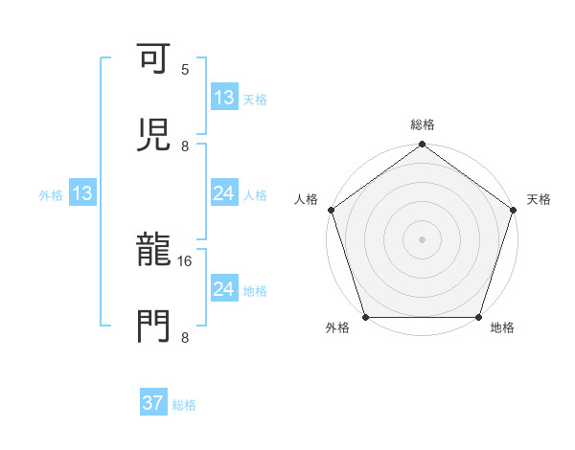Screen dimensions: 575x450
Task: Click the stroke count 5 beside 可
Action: tap(185, 70)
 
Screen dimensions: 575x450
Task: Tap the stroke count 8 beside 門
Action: tap(185, 336)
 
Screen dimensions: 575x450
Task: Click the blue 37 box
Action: tap(153, 404)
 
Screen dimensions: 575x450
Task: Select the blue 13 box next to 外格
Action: tap(82, 194)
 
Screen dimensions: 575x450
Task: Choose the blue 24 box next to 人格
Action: tap(223, 194)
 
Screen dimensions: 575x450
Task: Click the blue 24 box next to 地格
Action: tap(223, 289)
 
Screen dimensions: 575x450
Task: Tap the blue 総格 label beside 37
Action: tap(184, 405)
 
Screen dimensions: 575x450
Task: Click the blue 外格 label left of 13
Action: tap(51, 195)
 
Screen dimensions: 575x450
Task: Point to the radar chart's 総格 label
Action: tap(423, 124)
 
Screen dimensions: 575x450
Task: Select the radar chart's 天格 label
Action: tap(539, 199)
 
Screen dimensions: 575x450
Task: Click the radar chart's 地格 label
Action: tap(502, 328)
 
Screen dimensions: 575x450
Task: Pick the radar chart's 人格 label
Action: tap(307, 199)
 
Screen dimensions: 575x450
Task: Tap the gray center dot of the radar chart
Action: tap(422, 238)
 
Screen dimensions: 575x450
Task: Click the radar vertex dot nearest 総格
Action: tap(422, 146)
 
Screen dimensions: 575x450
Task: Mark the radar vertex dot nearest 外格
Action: tap(365, 317)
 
